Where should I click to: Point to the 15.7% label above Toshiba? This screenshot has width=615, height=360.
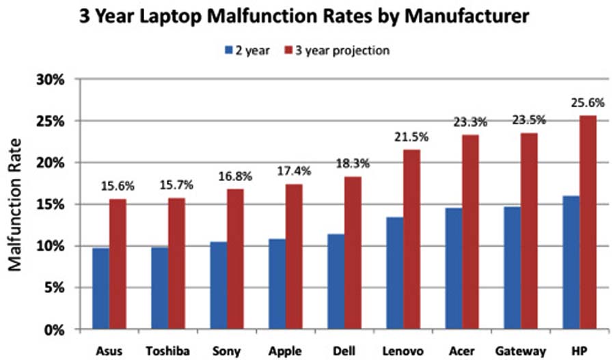pyautogui.click(x=177, y=186)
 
